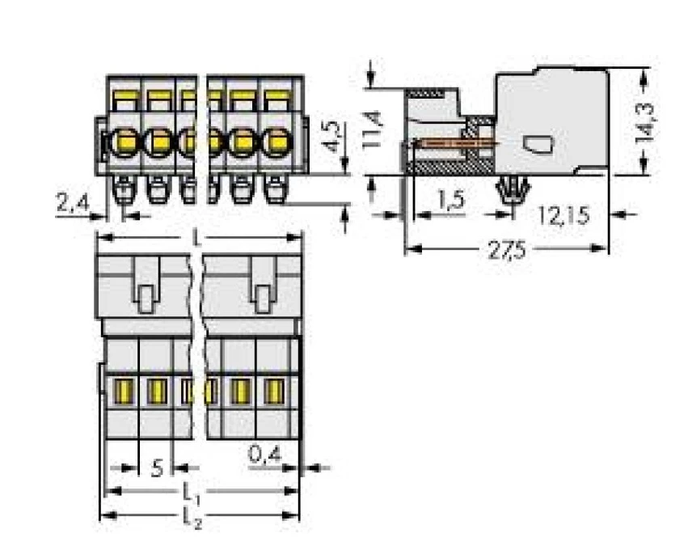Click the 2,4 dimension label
(74, 203)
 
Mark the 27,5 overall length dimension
(507, 249)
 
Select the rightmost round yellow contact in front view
(276, 142)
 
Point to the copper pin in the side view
(453, 144)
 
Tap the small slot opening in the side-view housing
(537, 144)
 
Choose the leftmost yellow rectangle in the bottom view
(124, 391)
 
